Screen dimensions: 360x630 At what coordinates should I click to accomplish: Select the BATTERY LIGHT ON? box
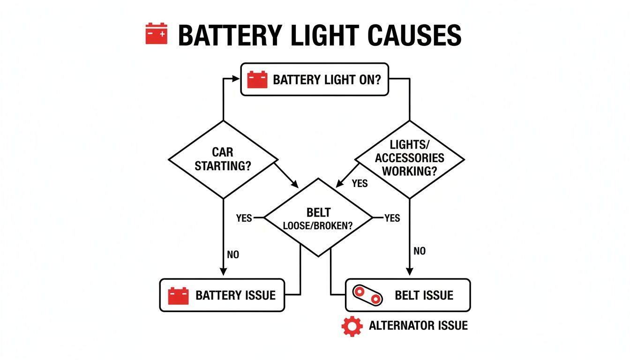tap(315, 79)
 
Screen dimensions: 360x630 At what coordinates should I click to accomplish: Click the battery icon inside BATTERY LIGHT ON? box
tap(257, 79)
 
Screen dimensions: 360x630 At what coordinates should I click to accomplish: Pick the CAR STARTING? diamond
tap(222, 159)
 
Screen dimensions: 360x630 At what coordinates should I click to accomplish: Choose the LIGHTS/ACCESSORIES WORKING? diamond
tap(410, 159)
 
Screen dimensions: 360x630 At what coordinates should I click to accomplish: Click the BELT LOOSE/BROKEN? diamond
tap(318, 217)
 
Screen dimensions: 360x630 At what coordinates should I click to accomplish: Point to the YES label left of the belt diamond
tap(244, 218)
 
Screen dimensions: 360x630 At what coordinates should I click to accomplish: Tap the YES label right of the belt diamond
tap(392, 218)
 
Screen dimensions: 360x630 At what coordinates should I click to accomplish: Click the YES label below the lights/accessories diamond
tap(360, 183)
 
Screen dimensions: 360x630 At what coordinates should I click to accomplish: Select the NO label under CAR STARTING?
tap(232, 255)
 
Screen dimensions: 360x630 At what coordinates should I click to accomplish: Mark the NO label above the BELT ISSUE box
tap(420, 251)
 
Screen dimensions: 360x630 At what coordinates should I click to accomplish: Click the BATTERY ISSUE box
tap(222, 295)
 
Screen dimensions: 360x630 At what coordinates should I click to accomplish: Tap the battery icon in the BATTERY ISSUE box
tap(178, 296)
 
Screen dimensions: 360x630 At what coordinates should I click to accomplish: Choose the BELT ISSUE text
tap(424, 295)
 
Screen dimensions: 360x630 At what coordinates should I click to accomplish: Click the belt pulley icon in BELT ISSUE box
tap(367, 295)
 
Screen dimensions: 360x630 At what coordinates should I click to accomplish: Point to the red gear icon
tap(352, 326)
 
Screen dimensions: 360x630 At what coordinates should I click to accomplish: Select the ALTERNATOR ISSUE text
tap(418, 325)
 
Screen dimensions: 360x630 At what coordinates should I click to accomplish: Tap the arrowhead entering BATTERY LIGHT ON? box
tap(237, 79)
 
